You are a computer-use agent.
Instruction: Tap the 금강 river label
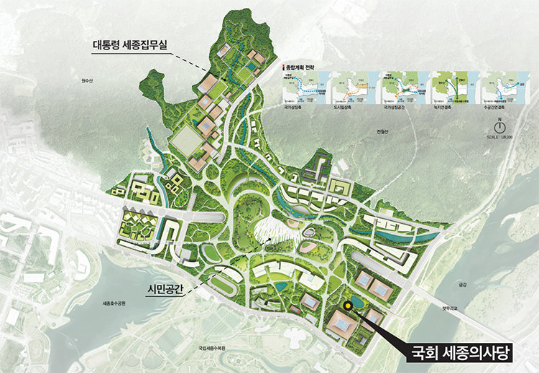point(462,284)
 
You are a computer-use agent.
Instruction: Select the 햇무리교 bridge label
point(451,309)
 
